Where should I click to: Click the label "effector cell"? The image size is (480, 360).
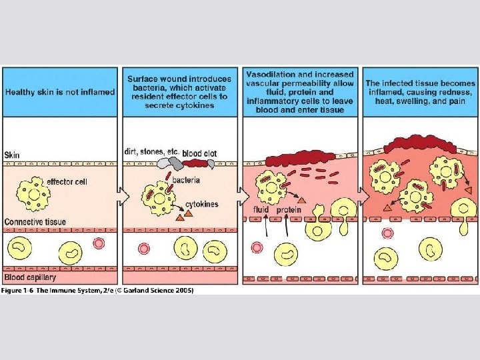point(67,181)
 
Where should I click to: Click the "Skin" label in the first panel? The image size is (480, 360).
point(12,155)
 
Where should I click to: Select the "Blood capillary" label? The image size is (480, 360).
point(30,277)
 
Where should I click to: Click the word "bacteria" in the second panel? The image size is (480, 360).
point(187,179)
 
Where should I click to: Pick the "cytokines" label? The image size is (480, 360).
point(202,204)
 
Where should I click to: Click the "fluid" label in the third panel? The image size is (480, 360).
point(261,211)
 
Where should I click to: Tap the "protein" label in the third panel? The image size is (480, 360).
point(289,211)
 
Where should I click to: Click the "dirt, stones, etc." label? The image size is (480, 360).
point(151,151)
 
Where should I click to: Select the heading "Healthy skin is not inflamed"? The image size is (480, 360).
point(60,92)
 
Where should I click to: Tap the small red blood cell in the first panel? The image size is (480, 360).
point(99,243)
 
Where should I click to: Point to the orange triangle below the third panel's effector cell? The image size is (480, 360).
point(301,199)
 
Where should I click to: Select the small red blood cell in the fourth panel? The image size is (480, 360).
point(387,233)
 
